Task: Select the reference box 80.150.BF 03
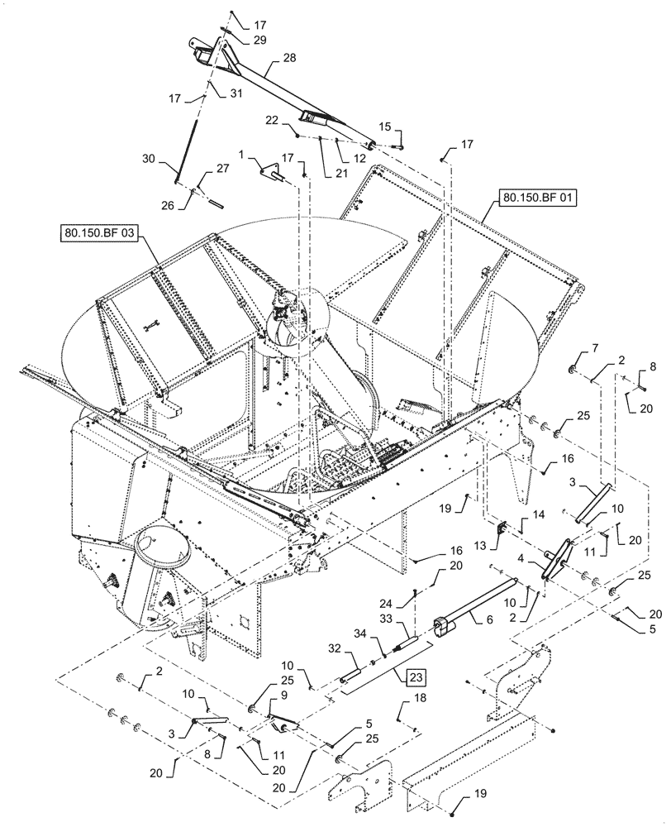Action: (97, 233)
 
